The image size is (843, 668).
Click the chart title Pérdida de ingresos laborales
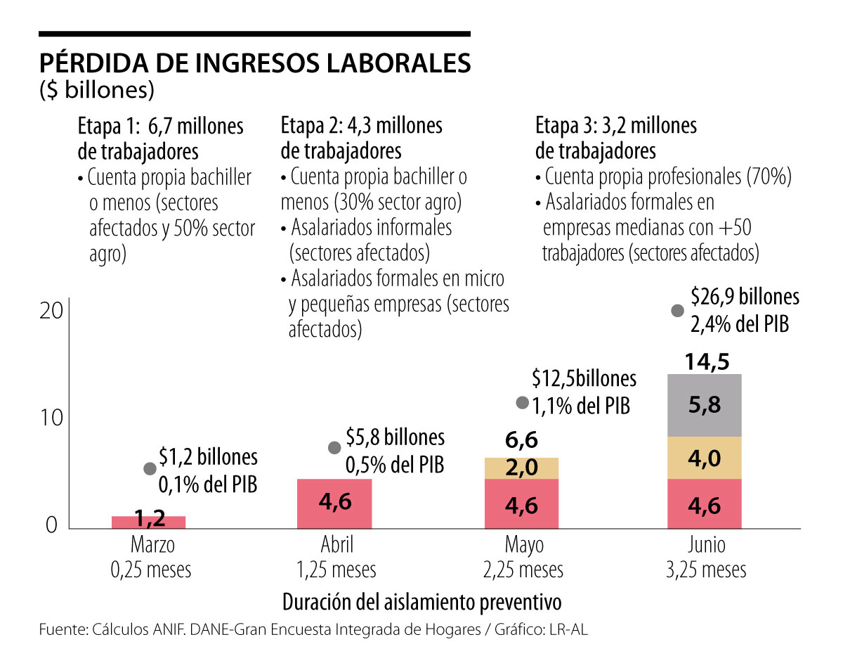[254, 63]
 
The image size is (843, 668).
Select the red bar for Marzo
[148, 522]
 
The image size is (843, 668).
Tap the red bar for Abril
[334, 503]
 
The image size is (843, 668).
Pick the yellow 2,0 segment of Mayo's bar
[521, 468]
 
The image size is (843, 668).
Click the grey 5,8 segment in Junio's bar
[705, 406]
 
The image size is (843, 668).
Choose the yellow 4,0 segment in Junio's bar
[705, 458]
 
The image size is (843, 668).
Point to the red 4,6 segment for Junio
[705, 503]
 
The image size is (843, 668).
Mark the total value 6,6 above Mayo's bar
[521, 441]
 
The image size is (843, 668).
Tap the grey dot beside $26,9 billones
[678, 311]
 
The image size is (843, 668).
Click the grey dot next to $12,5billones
[522, 403]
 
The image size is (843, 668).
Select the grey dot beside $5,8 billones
[335, 448]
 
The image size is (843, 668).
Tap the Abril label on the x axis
[335, 545]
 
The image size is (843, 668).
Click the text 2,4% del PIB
[740, 324]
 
